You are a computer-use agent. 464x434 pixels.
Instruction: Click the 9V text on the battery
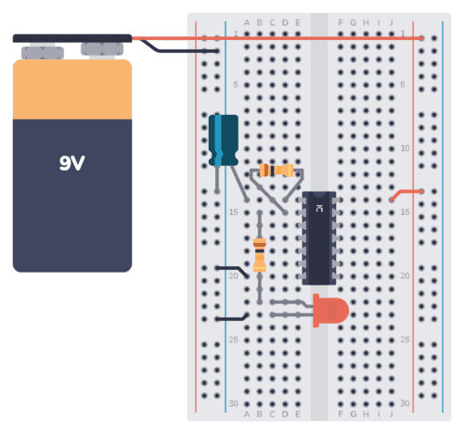[x=72, y=164]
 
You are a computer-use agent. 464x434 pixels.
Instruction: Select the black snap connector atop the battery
[x=71, y=39]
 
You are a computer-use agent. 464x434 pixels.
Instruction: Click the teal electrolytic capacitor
[x=223, y=139]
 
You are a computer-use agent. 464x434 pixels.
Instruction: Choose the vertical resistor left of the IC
[x=260, y=252]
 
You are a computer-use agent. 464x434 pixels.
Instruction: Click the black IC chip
[x=318, y=237]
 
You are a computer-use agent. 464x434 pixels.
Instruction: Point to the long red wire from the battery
[x=278, y=39]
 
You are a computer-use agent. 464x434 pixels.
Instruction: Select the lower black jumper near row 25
[x=229, y=318]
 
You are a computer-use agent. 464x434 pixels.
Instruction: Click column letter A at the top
[x=246, y=21]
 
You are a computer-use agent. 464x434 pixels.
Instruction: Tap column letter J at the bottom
[x=392, y=415]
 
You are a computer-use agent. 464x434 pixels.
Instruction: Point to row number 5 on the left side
[x=236, y=84]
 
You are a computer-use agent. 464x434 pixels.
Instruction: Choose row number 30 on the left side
[x=234, y=403]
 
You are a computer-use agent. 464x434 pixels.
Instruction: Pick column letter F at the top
[x=342, y=21]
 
